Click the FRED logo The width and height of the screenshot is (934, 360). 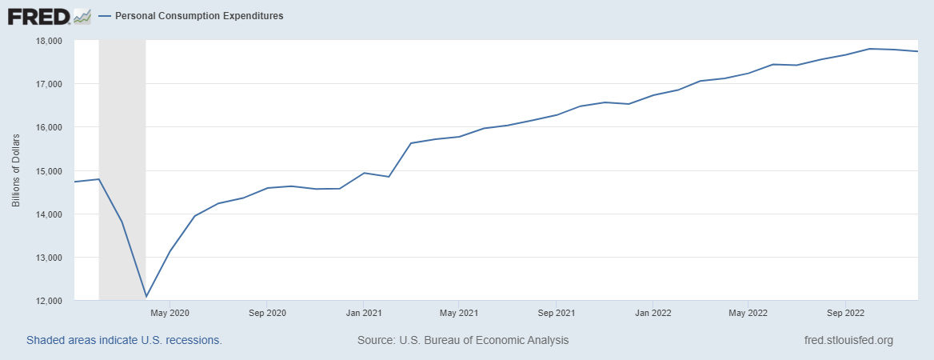[49, 16]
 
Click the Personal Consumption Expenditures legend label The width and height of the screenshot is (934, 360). [198, 15]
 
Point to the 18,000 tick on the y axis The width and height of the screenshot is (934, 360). [49, 41]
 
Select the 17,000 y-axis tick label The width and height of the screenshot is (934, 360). [49, 84]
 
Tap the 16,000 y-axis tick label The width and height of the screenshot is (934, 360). [49, 127]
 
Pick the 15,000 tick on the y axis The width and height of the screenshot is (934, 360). [49, 171]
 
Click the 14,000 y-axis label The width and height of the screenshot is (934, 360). [49, 214]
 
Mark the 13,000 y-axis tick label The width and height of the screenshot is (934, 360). [49, 258]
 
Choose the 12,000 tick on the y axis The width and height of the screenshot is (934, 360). [49, 301]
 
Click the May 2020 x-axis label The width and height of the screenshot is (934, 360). [170, 313]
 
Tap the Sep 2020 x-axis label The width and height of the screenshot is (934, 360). [267, 313]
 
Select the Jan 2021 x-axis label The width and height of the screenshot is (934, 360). [364, 313]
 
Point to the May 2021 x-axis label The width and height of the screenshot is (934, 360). [459, 313]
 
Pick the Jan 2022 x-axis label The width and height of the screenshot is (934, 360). [653, 313]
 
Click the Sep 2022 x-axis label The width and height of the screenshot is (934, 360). [845, 313]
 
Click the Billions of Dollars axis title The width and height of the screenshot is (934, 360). [16, 171]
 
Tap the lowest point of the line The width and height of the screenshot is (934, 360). [146, 297]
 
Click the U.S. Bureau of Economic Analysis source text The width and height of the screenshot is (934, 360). [463, 340]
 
